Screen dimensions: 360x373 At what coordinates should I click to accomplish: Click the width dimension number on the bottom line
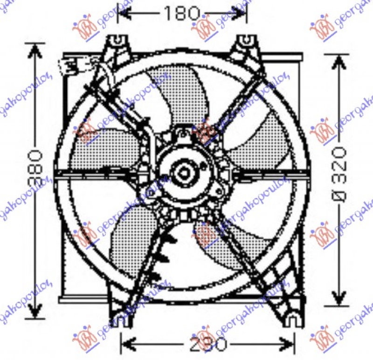[207, 345]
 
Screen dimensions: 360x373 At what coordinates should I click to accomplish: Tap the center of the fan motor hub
[183, 173]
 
